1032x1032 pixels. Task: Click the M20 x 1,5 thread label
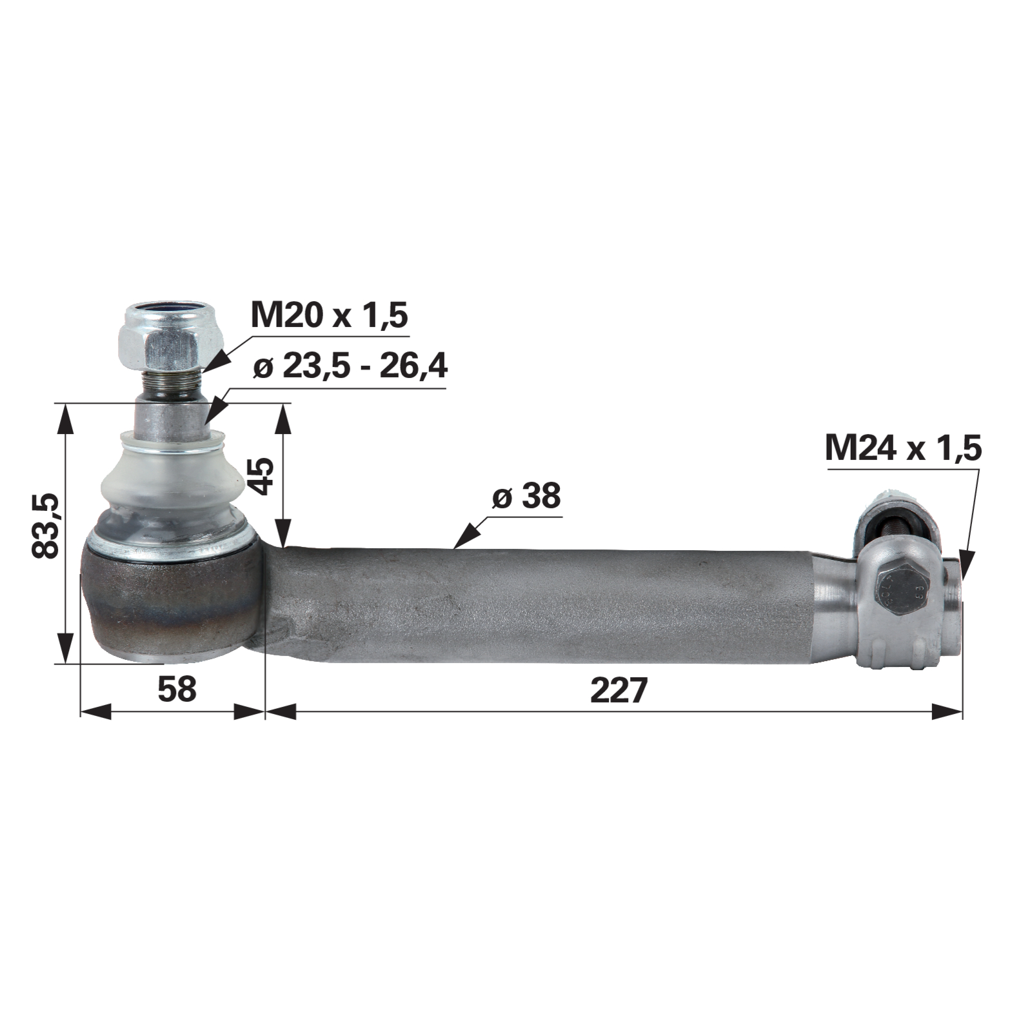tap(329, 316)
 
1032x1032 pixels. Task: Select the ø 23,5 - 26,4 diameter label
tap(350, 368)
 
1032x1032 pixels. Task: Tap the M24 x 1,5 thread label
tap(903, 448)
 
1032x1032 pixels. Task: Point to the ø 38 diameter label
tap(526, 496)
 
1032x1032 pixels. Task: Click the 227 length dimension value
tap(619, 691)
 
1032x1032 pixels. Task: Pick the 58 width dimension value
tap(177, 690)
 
